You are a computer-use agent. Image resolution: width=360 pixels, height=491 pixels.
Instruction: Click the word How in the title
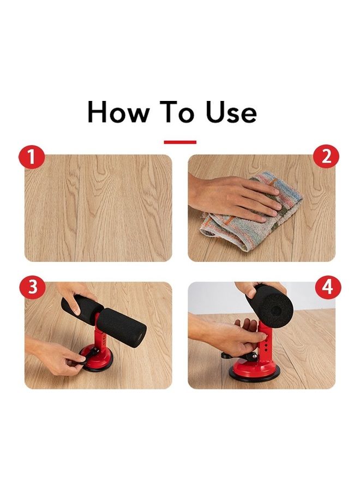tap(118, 112)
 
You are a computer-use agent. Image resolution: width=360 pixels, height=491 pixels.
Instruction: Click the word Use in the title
tap(231, 112)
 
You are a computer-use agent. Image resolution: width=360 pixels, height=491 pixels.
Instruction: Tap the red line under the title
tap(180, 142)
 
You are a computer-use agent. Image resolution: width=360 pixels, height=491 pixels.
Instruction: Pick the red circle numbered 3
tap(33, 286)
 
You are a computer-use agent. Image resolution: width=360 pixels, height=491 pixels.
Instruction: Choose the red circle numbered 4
tap(328, 286)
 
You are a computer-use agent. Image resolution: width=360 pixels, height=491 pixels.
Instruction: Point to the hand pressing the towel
tap(235, 198)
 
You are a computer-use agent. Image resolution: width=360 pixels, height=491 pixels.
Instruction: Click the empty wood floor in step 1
tap(98, 208)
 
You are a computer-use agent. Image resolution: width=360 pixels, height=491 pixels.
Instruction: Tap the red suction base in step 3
tap(100, 361)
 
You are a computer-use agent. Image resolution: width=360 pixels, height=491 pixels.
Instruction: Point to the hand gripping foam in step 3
tap(75, 295)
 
